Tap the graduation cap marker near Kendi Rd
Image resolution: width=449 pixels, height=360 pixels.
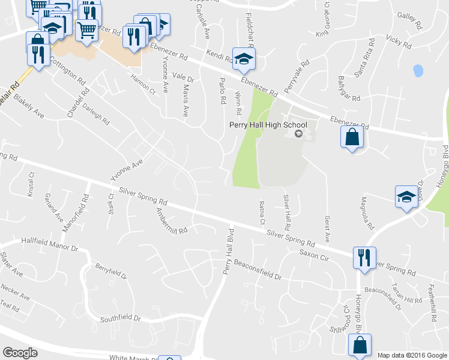coord(244,58)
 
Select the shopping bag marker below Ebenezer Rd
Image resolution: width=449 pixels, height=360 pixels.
coord(352,137)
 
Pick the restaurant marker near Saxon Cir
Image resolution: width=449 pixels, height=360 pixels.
coord(364,258)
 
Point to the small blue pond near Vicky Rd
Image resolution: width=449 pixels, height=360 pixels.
coord(418,70)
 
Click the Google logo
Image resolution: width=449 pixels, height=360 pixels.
coord(20,353)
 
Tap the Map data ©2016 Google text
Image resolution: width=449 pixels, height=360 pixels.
coord(412,355)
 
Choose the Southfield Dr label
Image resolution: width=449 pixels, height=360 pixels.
coord(120,319)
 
